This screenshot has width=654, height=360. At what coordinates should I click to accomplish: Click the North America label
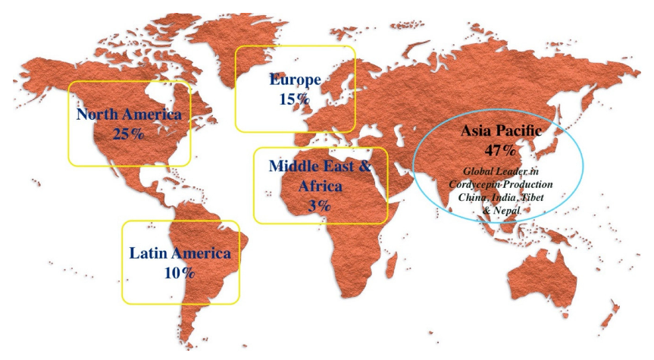pos(129,115)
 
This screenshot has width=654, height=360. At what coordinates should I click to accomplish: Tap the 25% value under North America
pos(129,134)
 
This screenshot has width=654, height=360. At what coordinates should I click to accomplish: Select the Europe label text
pos(296,80)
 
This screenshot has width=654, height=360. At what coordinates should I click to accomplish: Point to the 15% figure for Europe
pos(294,99)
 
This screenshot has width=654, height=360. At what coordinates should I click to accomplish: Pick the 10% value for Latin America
pos(180,273)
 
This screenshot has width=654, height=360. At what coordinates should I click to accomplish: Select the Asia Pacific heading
pos(501,131)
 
